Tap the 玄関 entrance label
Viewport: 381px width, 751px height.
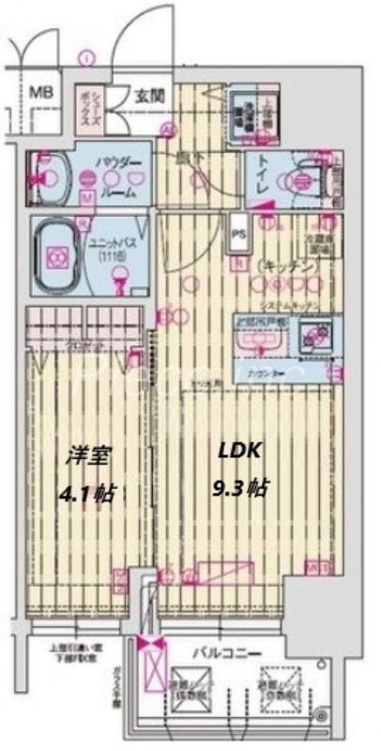[148, 95]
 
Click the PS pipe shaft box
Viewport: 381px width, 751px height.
[238, 236]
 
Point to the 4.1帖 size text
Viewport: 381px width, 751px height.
[90, 492]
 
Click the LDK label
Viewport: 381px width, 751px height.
[236, 452]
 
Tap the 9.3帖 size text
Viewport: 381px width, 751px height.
[243, 487]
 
